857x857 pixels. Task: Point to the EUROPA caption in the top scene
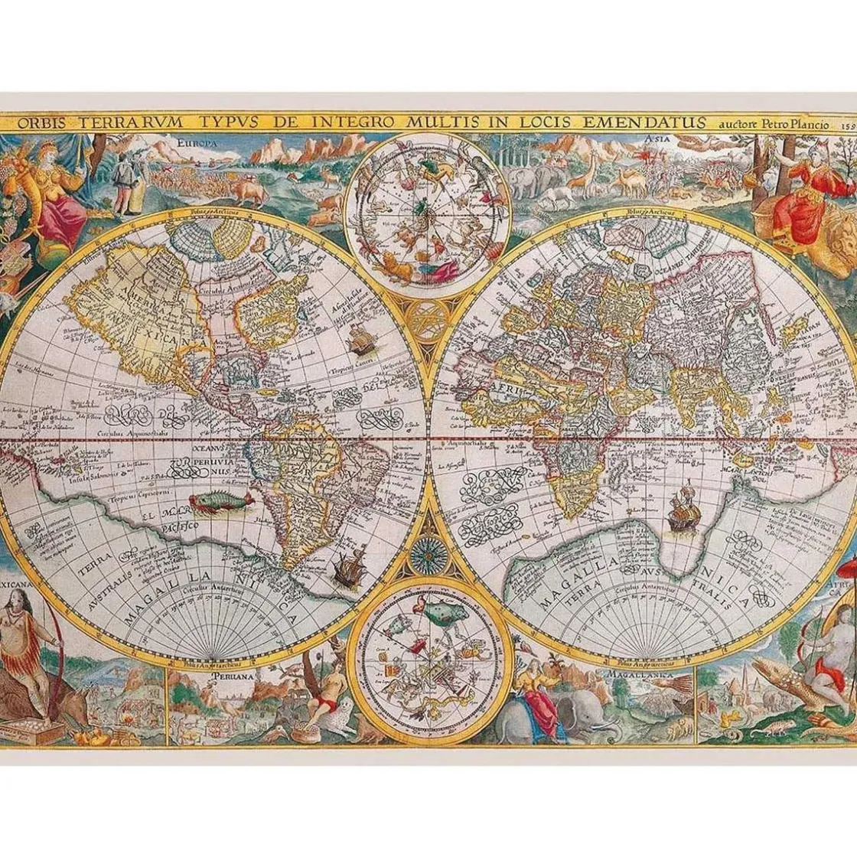tap(197, 143)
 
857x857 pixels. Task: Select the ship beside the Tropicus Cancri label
tap(359, 338)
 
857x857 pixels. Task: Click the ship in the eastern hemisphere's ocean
tap(680, 508)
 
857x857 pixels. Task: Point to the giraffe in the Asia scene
tap(590, 170)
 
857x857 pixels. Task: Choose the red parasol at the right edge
tap(848, 568)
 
